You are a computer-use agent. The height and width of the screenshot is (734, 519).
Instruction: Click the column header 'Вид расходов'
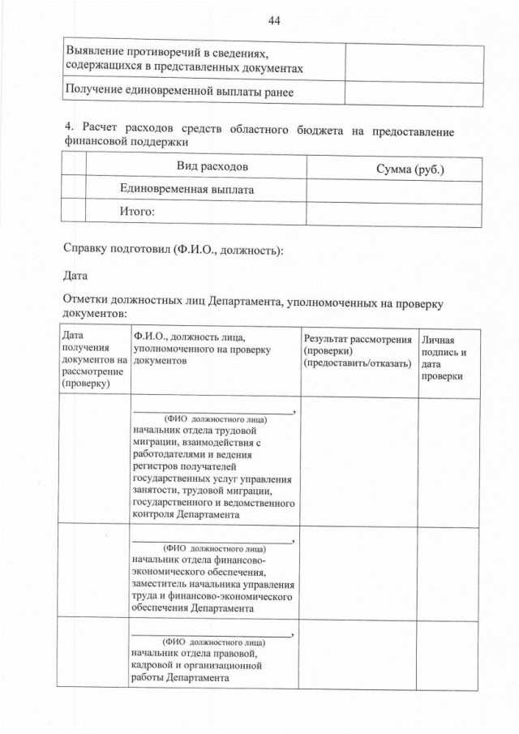pos(212,167)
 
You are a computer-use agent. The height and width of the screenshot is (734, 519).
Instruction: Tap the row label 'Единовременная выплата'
pos(187,190)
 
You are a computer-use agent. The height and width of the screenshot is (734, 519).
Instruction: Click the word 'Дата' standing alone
pos(75,276)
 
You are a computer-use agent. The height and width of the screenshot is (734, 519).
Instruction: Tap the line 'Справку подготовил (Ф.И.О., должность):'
pos(173,249)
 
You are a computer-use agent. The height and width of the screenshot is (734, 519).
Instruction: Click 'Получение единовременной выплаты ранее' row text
pos(178,92)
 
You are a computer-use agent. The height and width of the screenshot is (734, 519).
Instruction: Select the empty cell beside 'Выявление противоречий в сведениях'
pos(414,59)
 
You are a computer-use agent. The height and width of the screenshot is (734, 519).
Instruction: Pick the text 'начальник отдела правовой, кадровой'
pos(195,652)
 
